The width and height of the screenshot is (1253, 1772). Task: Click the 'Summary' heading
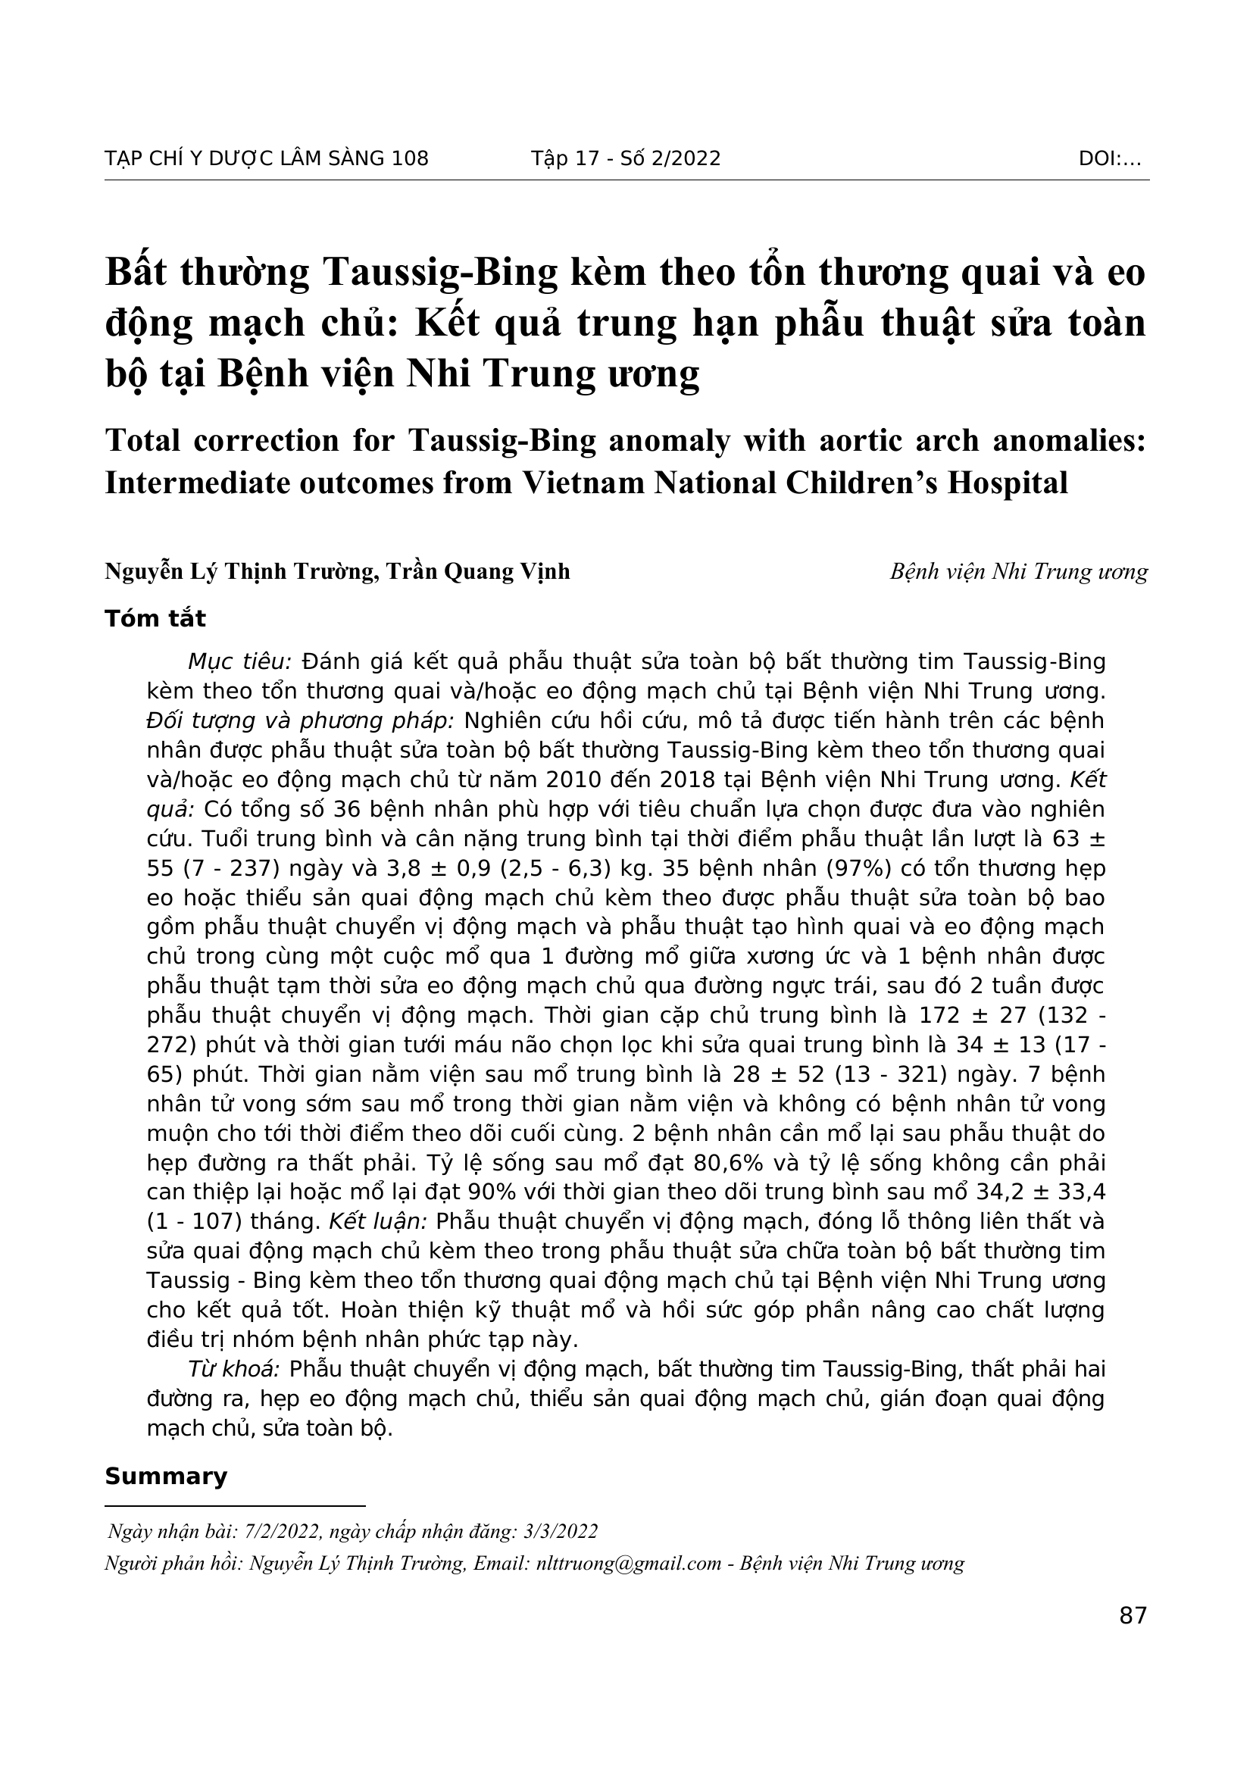click(166, 1477)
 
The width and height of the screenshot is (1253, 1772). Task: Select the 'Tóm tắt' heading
click(155, 618)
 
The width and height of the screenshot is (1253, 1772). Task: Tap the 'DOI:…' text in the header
click(1110, 158)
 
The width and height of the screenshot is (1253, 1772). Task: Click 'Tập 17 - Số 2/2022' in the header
click(626, 158)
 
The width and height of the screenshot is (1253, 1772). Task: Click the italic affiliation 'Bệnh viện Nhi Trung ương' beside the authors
click(1018, 572)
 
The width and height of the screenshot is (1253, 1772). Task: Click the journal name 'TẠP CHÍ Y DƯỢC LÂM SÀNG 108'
click(266, 158)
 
